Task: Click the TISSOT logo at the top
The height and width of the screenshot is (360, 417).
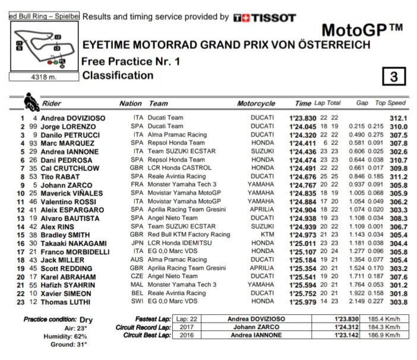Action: click(264, 18)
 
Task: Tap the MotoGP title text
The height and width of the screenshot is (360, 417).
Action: click(362, 30)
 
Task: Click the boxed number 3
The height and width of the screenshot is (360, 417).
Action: click(393, 77)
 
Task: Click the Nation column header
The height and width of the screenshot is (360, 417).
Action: click(131, 103)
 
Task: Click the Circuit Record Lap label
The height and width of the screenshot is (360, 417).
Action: click(144, 327)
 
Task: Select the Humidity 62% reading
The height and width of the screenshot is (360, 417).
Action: click(70, 336)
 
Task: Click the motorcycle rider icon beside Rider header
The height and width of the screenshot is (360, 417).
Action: click(30, 102)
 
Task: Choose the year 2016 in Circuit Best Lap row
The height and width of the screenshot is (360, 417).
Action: click(182, 336)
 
